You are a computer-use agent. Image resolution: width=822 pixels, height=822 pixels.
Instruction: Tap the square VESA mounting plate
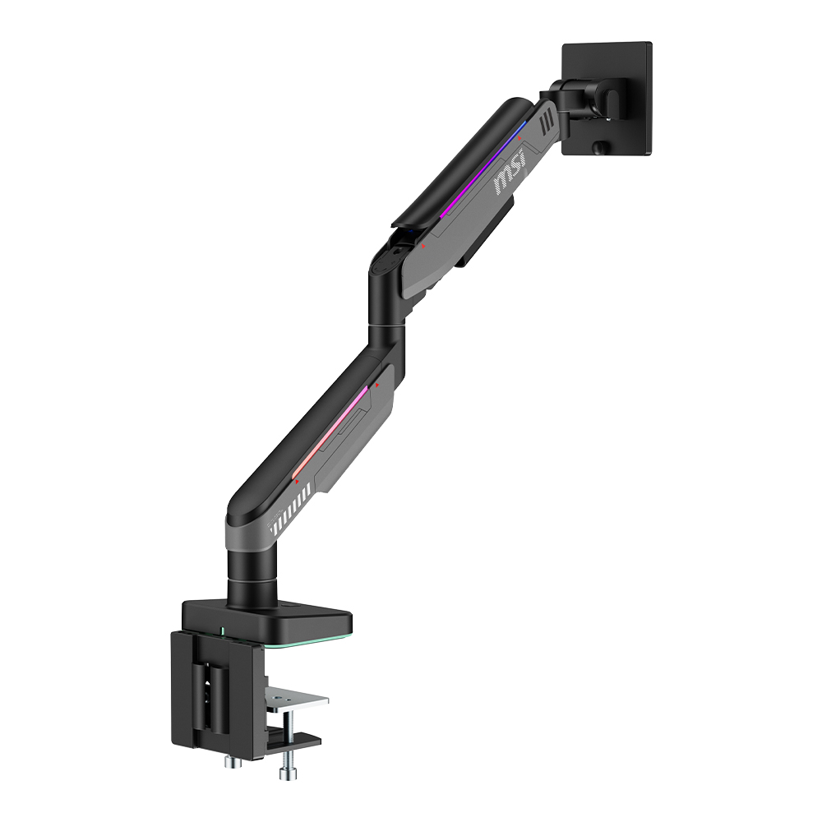[607, 99]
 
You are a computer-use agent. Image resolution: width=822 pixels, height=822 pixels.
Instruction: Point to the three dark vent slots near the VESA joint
[547, 122]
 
